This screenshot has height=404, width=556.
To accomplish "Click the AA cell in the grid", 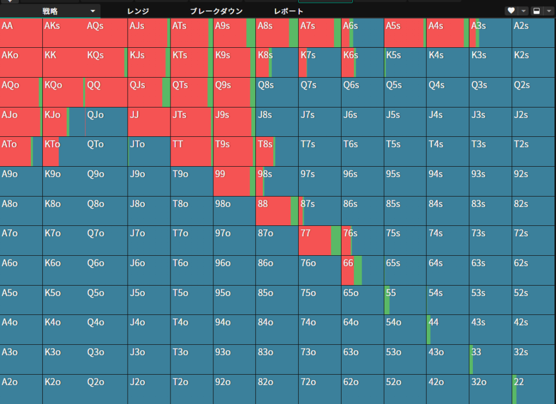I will coord(21,33).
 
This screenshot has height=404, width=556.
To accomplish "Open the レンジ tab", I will coord(138,11).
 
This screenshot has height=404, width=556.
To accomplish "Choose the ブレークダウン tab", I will coord(216,11).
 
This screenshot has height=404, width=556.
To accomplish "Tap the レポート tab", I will coord(289,11).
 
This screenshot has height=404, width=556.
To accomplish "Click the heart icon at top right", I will coord(511,11).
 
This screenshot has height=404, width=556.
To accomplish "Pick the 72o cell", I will coord(320,389).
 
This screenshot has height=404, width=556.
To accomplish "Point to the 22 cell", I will coord(533,389).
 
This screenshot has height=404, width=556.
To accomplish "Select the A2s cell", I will coord(533,33).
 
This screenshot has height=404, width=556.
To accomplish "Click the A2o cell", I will coord(21,389).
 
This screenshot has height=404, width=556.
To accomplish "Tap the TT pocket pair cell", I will coord(192,151).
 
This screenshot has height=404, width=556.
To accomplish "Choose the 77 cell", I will coord(320,241).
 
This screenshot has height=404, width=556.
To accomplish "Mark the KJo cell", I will coord(64,122).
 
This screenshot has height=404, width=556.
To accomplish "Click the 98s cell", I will coord(277,181).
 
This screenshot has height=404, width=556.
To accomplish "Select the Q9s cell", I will coord(235,92).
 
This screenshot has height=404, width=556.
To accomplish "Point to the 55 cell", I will coord(405,300).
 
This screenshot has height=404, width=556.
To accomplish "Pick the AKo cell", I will coord(21,62).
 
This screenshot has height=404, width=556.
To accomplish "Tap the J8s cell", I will coord(277,122).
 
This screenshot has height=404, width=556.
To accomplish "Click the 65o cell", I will coord(362,300).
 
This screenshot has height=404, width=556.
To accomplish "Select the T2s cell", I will coord(533,151).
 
